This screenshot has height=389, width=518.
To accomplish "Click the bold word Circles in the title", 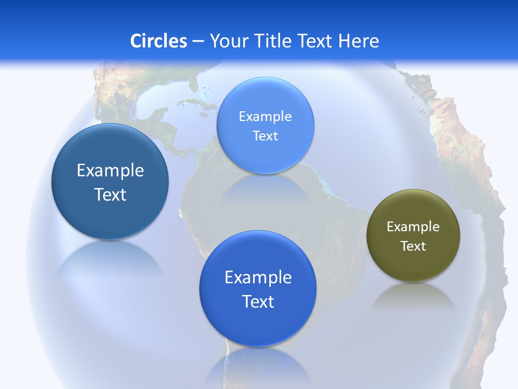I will [159, 41].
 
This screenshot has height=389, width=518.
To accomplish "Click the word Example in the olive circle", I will [413, 227].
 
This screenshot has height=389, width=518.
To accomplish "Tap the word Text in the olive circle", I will [413, 246].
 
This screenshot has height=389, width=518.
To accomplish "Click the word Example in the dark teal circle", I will [110, 171].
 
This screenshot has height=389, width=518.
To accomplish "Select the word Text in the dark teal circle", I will [110, 194].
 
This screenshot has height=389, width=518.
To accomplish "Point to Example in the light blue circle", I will [265, 117].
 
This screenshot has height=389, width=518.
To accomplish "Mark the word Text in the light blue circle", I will [265, 136].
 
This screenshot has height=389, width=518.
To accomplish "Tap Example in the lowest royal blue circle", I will [258, 278].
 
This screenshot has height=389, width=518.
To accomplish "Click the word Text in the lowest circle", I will [258, 301].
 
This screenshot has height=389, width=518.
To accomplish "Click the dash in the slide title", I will [197, 41].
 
